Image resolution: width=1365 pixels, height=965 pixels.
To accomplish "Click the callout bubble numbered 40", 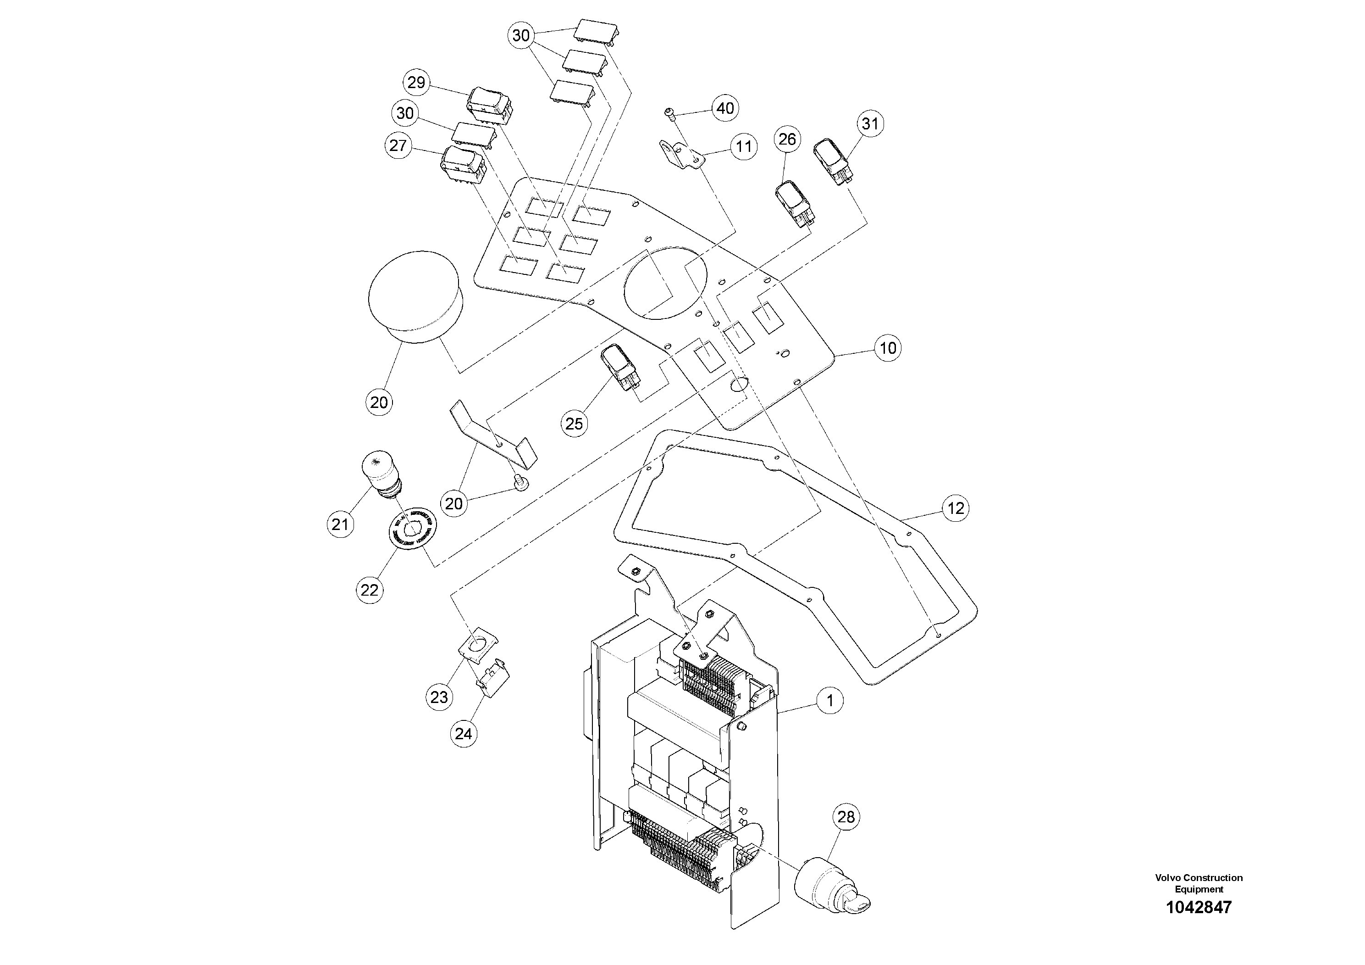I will coord(725,108).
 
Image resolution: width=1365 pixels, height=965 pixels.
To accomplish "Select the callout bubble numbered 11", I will coord(744,146).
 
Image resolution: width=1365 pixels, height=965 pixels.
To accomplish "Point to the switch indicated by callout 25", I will coord(621,367).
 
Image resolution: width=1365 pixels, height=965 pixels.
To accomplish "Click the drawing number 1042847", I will coord(1199,907).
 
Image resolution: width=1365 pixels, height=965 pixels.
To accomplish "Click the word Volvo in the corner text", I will coord(1166,877).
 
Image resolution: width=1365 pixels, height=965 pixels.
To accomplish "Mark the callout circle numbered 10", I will coord(887,347).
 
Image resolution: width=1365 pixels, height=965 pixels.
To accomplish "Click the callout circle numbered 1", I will coord(830,701).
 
